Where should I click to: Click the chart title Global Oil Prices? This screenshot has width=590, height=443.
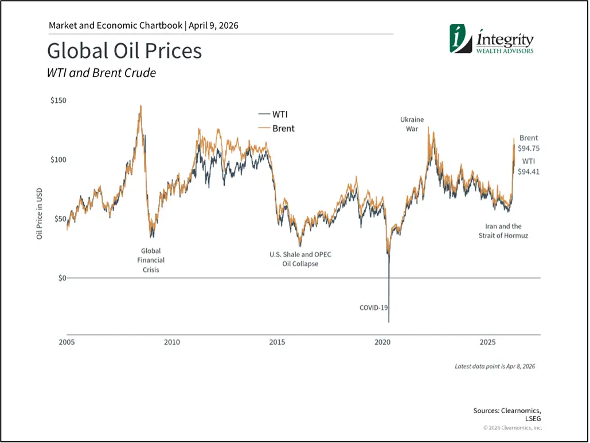[124, 51]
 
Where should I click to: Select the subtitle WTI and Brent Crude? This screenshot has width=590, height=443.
[101, 73]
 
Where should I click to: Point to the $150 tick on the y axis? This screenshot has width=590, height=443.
[58, 100]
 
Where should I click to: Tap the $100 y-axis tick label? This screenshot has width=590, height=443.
[58, 160]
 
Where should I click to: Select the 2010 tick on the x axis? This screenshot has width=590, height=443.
[172, 343]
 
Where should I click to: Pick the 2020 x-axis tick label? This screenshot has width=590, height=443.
[382, 343]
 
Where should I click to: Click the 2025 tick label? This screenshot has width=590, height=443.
[487, 343]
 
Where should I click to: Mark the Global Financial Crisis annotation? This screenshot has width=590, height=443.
[151, 260]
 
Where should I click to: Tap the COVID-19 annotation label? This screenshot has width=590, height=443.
[374, 308]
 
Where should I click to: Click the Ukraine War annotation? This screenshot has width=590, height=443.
[412, 124]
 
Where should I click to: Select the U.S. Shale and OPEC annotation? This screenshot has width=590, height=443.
[300, 259]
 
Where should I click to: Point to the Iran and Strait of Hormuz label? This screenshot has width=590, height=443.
[503, 231]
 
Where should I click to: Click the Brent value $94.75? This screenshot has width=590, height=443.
[529, 148]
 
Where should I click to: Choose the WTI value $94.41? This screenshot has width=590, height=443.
[529, 171]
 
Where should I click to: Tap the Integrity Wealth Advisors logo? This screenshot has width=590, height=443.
[492, 40]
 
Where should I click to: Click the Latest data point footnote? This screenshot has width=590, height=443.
[494, 366]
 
